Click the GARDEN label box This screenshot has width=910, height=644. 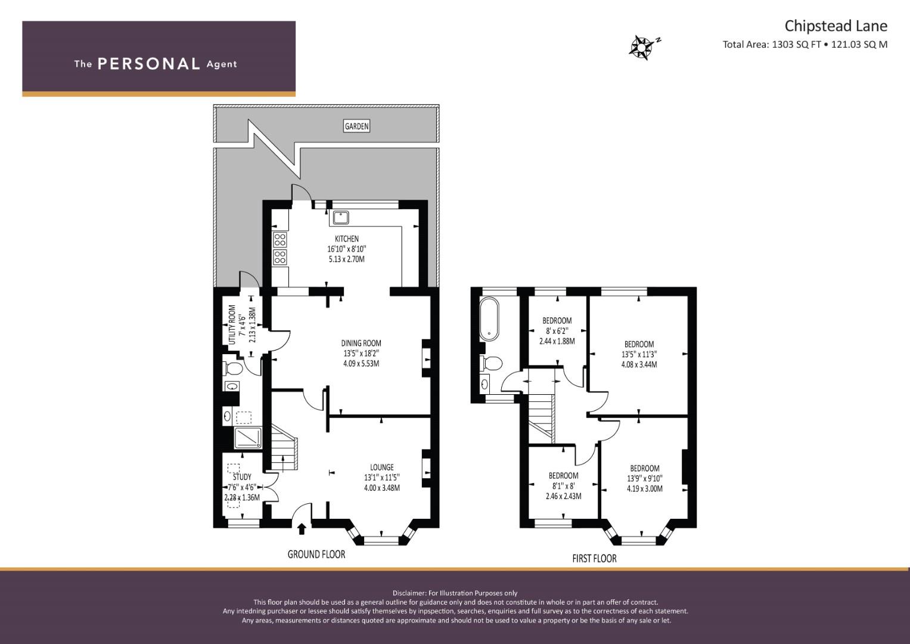tap(357, 126)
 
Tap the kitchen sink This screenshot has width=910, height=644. tap(341, 218)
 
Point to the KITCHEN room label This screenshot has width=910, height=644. tap(346, 239)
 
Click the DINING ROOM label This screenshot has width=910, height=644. tap(361, 343)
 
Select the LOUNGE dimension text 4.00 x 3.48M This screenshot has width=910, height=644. tap(382, 488)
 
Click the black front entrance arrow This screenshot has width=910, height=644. tap(302, 528)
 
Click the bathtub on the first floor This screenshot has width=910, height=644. tap(489, 319)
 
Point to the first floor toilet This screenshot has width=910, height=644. tap(491, 363)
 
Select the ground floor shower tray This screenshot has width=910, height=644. tap(249, 438)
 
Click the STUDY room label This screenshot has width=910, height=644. tap(242, 477)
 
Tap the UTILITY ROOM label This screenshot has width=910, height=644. tap(232, 325)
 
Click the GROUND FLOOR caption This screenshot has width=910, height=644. tap(316, 554)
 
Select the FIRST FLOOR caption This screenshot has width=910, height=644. tap(594, 559)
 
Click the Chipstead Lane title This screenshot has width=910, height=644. tap(836, 26)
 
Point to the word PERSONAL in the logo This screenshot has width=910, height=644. tap(149, 64)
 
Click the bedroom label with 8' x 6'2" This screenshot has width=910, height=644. tap(557, 320)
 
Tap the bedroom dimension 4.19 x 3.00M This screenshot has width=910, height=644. tap(645, 488)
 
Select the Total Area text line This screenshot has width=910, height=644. tap(805, 44)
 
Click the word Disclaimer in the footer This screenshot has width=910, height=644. tap(409, 593)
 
